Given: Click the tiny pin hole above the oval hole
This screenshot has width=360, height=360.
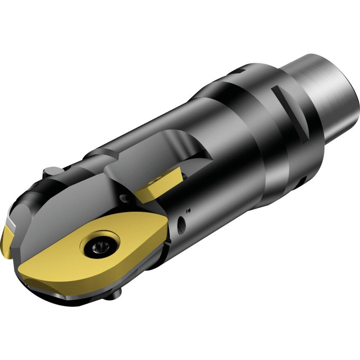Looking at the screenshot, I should point(188,210).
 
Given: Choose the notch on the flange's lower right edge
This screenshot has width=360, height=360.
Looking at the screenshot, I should point(300,181).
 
